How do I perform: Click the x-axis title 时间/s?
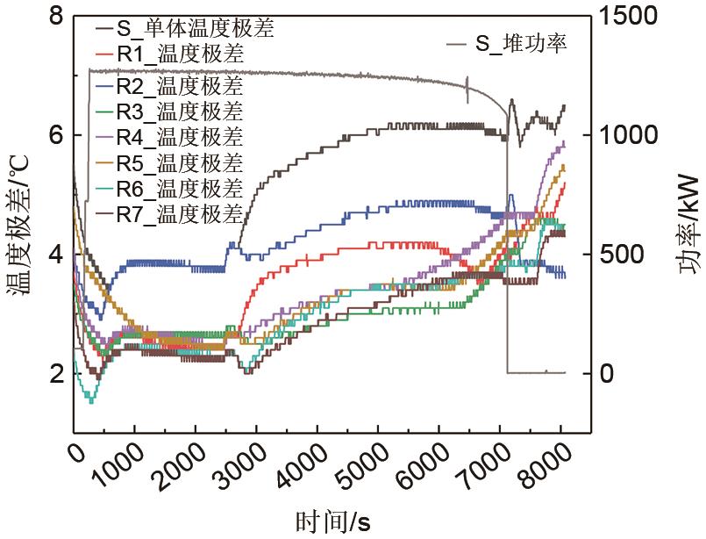point(334,521)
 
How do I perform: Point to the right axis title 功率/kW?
point(688,224)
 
